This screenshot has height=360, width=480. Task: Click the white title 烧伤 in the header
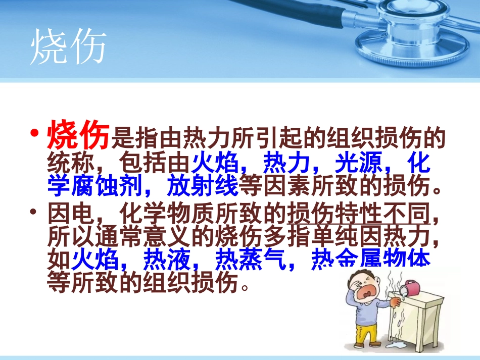click(x=68, y=48)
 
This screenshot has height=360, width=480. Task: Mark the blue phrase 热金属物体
click(x=371, y=261)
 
